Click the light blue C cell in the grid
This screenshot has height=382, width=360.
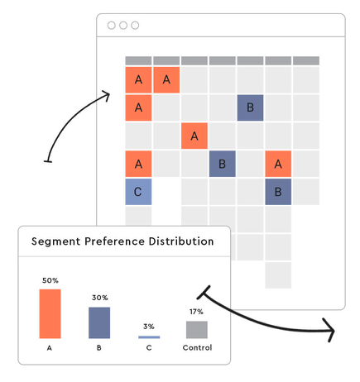point(138,192)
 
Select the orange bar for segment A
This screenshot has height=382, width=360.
point(50,313)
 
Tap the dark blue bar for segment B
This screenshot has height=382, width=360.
point(99,322)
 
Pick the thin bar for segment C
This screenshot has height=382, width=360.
point(149,337)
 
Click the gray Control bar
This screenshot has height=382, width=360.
point(197,330)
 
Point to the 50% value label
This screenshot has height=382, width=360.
point(50,280)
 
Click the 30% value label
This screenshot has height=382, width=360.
point(100,298)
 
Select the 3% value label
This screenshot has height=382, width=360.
point(149,327)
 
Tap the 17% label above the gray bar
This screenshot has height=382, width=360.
point(196,312)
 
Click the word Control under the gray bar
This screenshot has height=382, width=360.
point(197,347)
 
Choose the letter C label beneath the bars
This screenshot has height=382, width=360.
point(149,348)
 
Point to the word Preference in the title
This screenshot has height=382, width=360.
point(114,241)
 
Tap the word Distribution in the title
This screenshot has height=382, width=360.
point(181,241)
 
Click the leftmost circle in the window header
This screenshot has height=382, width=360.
point(112,26)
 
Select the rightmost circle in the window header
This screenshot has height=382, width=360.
point(135,26)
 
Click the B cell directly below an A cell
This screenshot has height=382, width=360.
point(278,192)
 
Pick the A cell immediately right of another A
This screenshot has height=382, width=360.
point(166,79)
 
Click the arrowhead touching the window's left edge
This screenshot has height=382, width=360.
point(106,96)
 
